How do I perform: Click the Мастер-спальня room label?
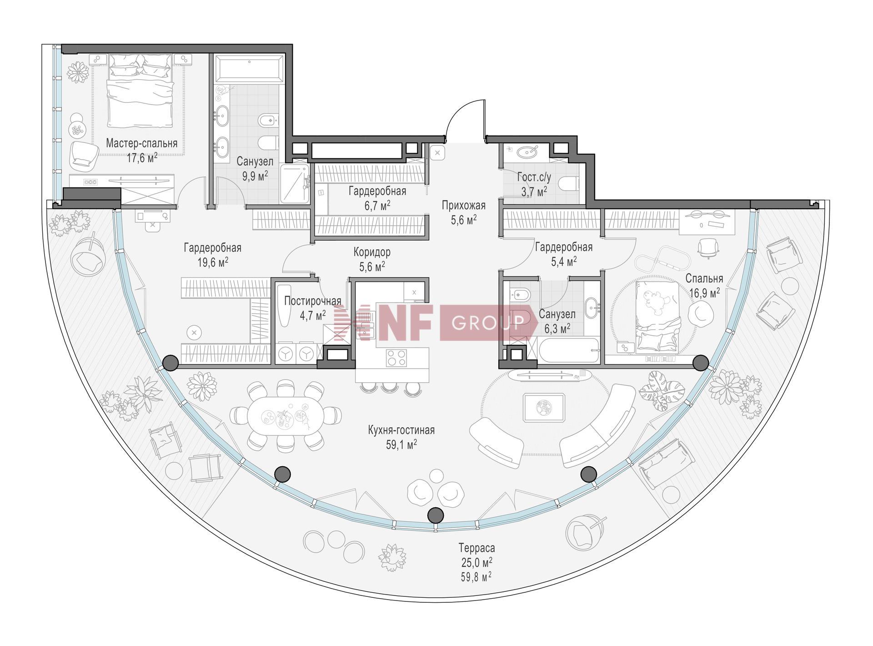tap(141, 144)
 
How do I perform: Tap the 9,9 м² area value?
tap(255, 177)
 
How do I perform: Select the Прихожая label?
tap(463, 206)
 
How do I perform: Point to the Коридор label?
tap(372, 252)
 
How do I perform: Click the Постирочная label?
tap(313, 301)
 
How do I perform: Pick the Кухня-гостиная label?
tap(401, 430)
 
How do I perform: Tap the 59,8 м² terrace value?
tap(476, 577)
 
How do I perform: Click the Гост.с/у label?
tap(534, 177)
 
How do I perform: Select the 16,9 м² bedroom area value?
tap(704, 292)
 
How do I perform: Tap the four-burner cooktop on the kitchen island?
tap(396, 358)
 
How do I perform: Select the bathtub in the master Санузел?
tap(248, 69)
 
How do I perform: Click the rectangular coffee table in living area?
tap(543, 407)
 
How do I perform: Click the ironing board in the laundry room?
tap(284, 306)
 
